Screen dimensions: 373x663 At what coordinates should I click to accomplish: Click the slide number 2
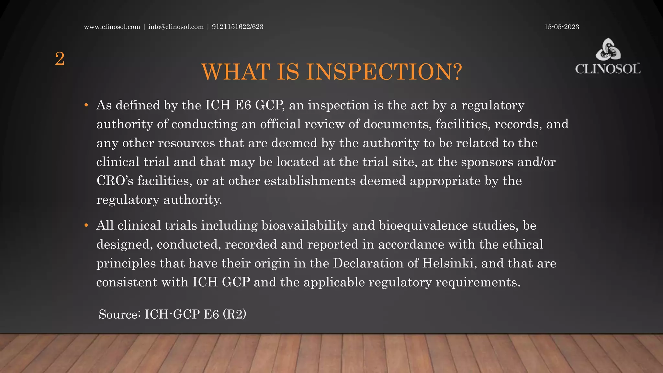[60, 59]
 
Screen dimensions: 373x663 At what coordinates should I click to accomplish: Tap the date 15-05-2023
[561, 27]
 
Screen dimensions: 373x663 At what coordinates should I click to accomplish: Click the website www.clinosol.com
[112, 27]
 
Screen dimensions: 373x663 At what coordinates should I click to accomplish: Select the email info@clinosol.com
[176, 27]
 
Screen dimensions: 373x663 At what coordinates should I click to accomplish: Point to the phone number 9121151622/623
[238, 27]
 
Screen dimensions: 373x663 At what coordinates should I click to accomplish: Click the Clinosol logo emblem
[608, 50]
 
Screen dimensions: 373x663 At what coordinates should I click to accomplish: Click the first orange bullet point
[86, 105]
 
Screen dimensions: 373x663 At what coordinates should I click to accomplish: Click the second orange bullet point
[86, 225]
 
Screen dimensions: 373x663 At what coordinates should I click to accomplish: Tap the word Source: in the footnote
[119, 314]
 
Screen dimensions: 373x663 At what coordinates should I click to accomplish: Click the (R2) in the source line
[234, 314]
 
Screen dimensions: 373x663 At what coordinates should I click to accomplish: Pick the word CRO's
[115, 181]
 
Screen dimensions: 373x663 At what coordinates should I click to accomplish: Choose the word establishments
[310, 181]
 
